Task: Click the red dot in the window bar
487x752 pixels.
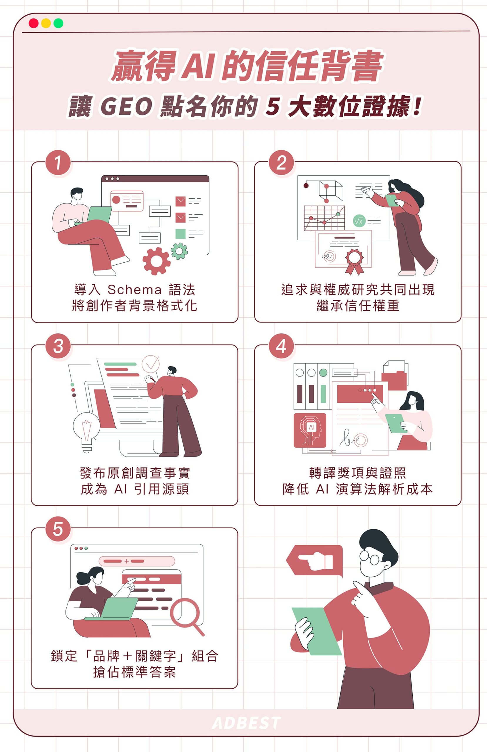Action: pos(34,23)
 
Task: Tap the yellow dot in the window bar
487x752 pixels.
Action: pos(46,23)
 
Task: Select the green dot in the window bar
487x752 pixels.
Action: pos(58,23)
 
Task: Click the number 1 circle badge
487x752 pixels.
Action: pos(58,163)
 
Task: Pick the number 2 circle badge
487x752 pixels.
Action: pos(281,163)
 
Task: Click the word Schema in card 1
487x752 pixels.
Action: pos(134,289)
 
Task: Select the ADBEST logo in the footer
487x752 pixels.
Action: pos(246,723)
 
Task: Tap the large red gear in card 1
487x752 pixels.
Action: pos(156,261)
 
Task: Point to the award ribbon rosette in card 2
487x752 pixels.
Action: pos(354,261)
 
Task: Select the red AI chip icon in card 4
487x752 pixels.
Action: pos(309,430)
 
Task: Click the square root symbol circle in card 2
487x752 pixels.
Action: pos(359,221)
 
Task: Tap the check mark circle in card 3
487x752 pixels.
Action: pos(150,364)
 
